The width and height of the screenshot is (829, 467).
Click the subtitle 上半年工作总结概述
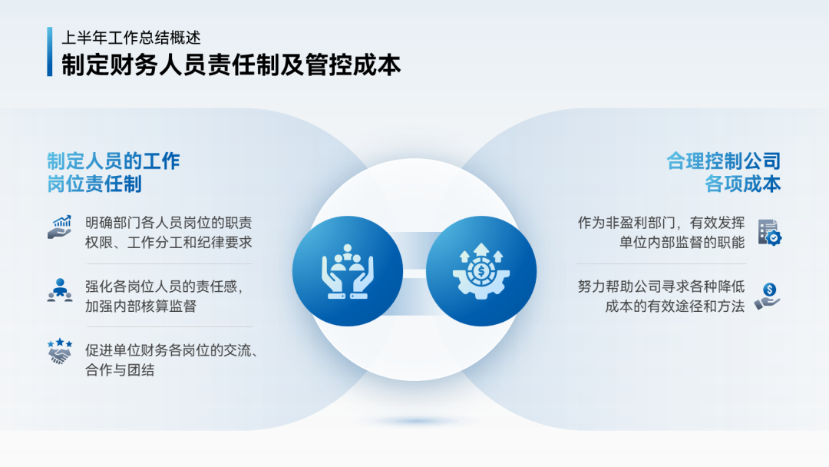[131, 38]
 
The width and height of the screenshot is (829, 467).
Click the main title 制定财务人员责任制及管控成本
[231, 65]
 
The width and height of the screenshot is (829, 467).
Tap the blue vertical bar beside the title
[50, 51]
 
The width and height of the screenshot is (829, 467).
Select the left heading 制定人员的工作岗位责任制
[114, 172]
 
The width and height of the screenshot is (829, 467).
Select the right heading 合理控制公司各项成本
[723, 172]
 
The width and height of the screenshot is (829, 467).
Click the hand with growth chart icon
[60, 227]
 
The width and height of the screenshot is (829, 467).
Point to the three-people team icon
[60, 290]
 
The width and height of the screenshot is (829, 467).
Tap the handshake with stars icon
[60, 352]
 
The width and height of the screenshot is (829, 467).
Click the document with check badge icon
[769, 233]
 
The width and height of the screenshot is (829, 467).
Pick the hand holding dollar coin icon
[768, 296]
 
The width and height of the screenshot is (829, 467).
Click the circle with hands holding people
[348, 271]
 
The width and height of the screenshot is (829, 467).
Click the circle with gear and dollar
[481, 271]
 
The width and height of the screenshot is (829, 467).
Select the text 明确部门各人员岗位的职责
[169, 223]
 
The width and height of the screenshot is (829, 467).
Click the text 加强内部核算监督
[140, 306]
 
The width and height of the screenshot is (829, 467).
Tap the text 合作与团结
[120, 370]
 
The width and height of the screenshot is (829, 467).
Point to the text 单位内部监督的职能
[682, 242]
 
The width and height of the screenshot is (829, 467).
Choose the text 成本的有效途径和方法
[675, 306]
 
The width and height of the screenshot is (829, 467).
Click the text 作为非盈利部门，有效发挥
[661, 223]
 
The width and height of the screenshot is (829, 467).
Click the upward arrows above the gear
[481, 252]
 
